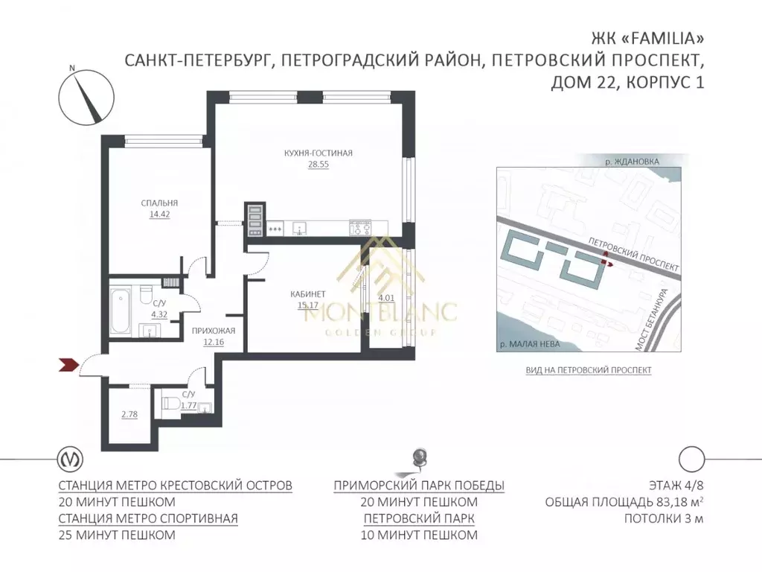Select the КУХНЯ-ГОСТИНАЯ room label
(318, 153)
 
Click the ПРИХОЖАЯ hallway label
(214, 331)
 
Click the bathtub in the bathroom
(121, 309)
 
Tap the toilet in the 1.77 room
(170, 405)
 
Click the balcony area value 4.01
(385, 299)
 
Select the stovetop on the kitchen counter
(360, 228)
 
